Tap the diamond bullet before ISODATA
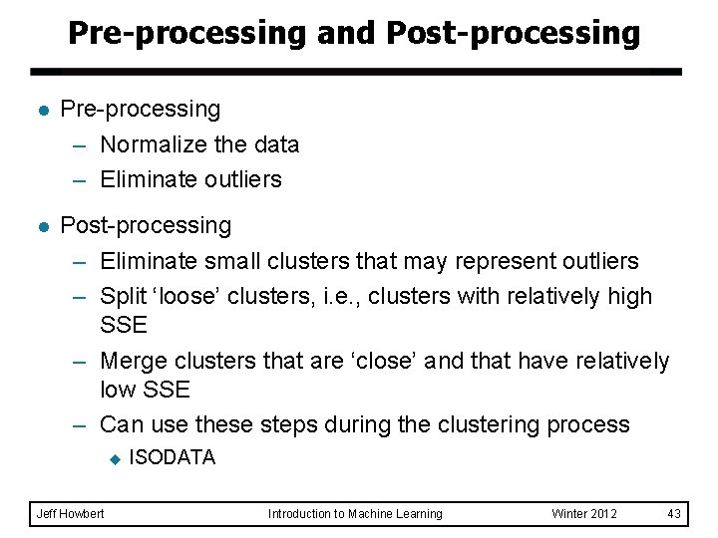pyautogui.click(x=114, y=458)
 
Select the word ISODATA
pyautogui.click(x=172, y=457)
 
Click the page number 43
pyautogui.click(x=674, y=514)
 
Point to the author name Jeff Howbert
pyautogui.click(x=70, y=514)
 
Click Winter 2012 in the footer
pyautogui.click(x=584, y=514)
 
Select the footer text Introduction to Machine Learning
pyautogui.click(x=355, y=514)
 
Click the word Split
pyautogui.click(x=123, y=296)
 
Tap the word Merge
pyautogui.click(x=135, y=361)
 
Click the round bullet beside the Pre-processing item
pyautogui.click(x=40, y=110)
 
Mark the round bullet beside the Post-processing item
pyautogui.click(x=40, y=227)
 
